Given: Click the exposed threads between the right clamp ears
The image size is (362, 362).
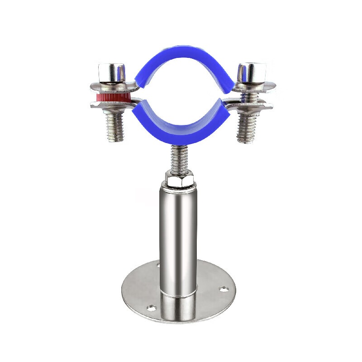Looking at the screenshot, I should [245, 96].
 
